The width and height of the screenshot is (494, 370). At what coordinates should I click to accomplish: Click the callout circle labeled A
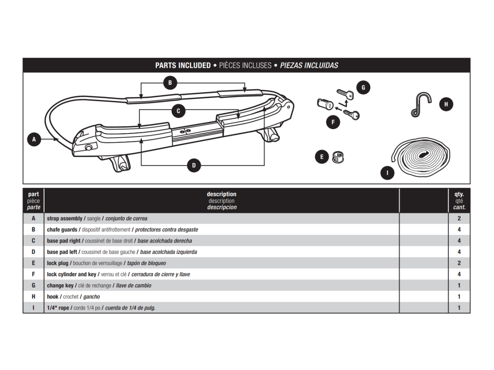34,139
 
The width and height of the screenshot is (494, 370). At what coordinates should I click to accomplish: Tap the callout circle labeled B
170,83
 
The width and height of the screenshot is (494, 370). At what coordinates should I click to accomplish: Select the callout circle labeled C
178,111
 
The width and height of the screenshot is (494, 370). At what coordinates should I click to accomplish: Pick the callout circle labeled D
194,166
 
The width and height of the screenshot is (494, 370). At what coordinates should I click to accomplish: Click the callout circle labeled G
363,88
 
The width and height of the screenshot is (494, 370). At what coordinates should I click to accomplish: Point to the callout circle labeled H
446,104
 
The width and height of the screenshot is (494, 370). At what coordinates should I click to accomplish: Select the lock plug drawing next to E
338,156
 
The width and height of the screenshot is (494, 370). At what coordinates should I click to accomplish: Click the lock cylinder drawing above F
324,104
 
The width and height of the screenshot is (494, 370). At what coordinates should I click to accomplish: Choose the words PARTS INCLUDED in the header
183,65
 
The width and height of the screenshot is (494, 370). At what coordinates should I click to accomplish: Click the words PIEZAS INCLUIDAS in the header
309,65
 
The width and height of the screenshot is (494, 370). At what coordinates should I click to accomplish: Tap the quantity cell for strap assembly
459,218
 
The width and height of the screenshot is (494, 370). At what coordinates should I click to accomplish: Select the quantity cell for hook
459,296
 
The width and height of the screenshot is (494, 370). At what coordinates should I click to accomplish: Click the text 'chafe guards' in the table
62,229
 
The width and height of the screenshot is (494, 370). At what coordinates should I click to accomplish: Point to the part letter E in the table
33,263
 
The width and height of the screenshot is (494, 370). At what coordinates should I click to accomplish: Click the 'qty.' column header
459,194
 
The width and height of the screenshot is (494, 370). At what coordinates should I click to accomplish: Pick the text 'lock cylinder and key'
72,274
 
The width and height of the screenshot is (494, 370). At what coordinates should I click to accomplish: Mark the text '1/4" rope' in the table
58,308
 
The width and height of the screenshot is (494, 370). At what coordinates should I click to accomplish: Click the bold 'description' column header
221,194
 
